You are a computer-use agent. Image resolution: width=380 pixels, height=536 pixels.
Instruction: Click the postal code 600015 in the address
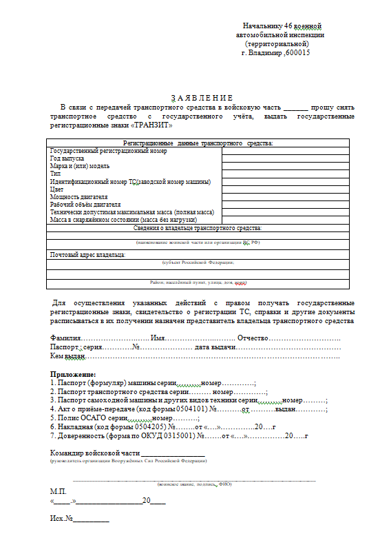297,52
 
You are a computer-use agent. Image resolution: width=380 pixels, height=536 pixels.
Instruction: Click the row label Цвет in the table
56,189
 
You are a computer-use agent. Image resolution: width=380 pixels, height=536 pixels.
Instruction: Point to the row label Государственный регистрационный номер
108,150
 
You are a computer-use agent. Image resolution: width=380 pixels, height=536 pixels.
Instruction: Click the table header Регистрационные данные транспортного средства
198,143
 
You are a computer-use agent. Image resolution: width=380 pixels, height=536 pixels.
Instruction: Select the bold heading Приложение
73,373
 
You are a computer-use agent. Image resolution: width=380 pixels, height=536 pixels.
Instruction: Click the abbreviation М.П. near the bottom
59,491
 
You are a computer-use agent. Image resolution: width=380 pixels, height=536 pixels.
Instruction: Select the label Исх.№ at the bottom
62,517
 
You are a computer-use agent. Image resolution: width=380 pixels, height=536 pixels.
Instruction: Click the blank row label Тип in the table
56,174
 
